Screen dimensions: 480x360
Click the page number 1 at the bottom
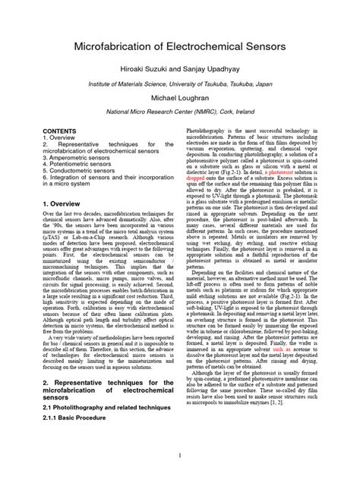tap(179, 456)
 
